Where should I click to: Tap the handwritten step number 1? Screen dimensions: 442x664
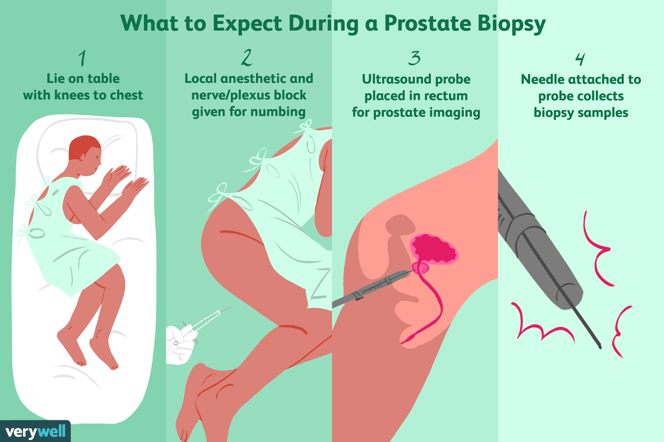[x=82, y=58]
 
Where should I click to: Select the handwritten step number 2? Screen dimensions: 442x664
[x=247, y=57]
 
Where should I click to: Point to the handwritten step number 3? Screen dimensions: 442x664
[x=414, y=58]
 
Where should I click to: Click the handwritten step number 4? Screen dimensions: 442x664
[x=580, y=59]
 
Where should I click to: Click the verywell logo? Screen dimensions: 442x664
[x=35, y=431]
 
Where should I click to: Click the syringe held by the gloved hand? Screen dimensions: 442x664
[x=206, y=321]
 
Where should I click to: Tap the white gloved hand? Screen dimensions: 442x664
[x=179, y=345]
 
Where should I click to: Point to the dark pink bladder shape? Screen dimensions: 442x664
[x=434, y=250]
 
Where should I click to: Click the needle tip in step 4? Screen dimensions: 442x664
[x=599, y=346]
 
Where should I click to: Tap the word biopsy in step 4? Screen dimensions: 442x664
[x=554, y=113]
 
